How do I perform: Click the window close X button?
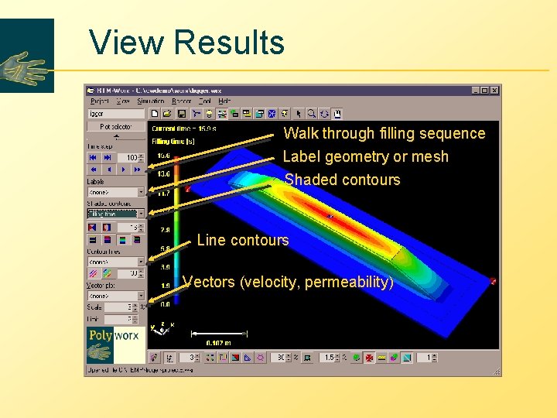coord(494,90)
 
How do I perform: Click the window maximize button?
coord(484,90)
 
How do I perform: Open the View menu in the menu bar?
coord(123,101)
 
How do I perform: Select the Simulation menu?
coord(151,101)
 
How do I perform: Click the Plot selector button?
coord(116,126)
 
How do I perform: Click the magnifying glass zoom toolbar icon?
coord(323,114)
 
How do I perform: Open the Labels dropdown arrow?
coord(141,192)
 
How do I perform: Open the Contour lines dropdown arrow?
coord(141,262)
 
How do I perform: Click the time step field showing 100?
coord(130,158)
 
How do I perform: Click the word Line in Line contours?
coord(210,240)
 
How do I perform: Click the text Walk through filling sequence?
coord(384,133)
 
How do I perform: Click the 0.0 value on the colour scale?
coord(164,304)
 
